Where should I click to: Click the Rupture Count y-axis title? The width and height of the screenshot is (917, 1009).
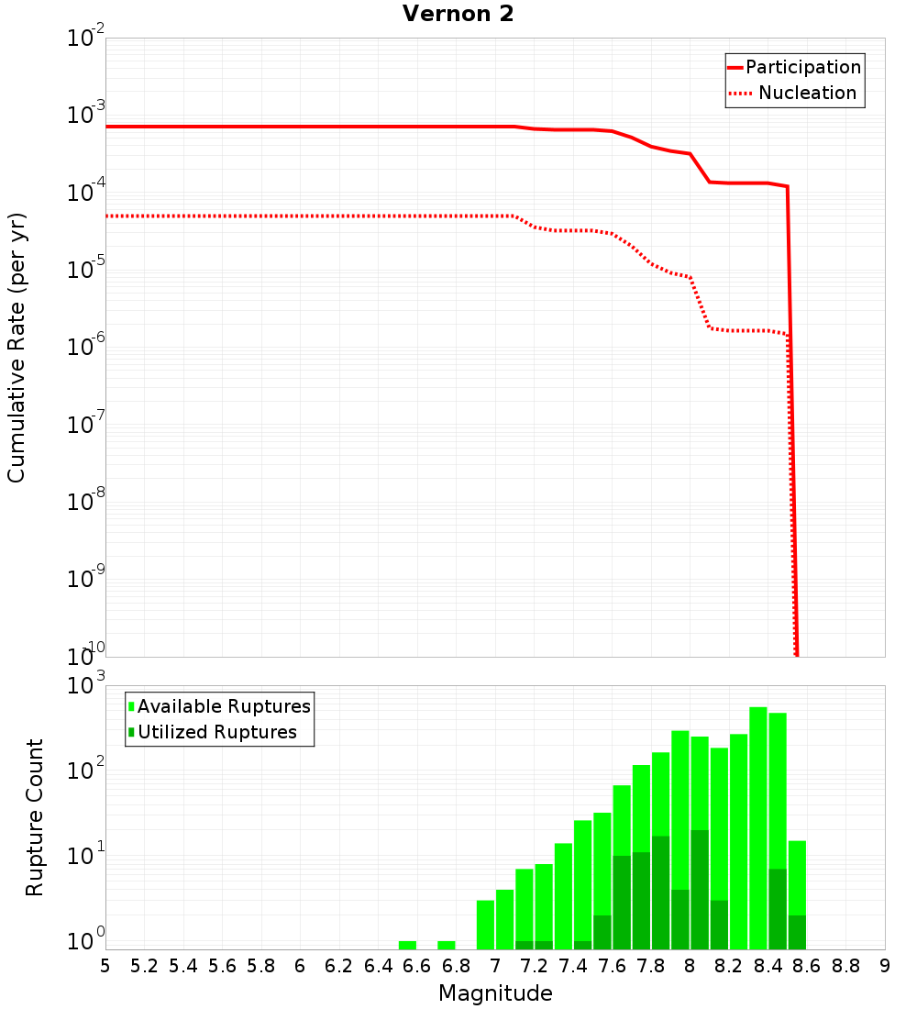pyautogui.click(x=35, y=816)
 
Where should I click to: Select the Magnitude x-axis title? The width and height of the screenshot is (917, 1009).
pyautogui.click(x=495, y=993)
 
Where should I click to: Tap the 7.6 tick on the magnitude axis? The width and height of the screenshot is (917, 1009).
pyautogui.click(x=613, y=966)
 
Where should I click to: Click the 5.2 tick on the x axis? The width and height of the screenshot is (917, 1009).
pyautogui.click(x=145, y=966)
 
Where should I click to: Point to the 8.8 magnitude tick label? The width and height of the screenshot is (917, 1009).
pyautogui.click(x=845, y=966)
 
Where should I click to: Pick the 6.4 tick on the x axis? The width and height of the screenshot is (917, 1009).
pyautogui.click(x=379, y=966)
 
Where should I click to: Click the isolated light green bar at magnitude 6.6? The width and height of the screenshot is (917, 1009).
pyautogui.click(x=408, y=945)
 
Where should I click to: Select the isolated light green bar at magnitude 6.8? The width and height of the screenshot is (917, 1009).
pyautogui.click(x=447, y=945)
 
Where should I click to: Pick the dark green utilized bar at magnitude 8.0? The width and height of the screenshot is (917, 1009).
pyautogui.click(x=700, y=890)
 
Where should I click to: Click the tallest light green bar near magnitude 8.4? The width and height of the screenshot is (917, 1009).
pyautogui.click(x=758, y=780)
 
